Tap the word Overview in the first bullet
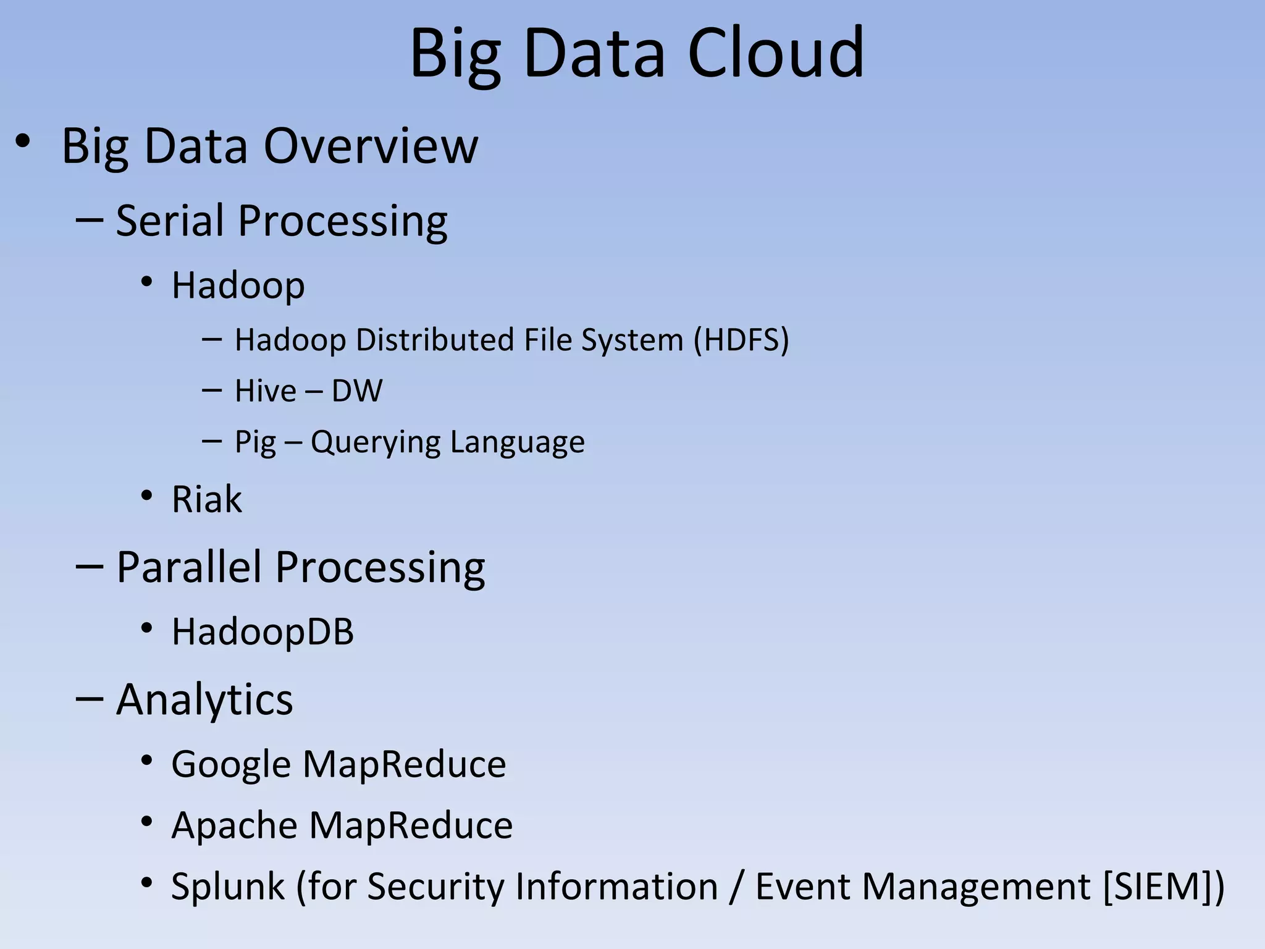(371, 146)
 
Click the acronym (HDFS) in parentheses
(741, 340)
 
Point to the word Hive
(266, 390)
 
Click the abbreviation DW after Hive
(357, 390)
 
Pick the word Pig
(255, 442)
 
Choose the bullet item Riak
(206, 499)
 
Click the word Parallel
(188, 567)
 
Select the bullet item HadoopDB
(263, 631)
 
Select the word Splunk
(227, 887)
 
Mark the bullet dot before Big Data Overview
(22, 141)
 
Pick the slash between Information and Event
(736, 887)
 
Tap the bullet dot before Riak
(146, 496)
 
